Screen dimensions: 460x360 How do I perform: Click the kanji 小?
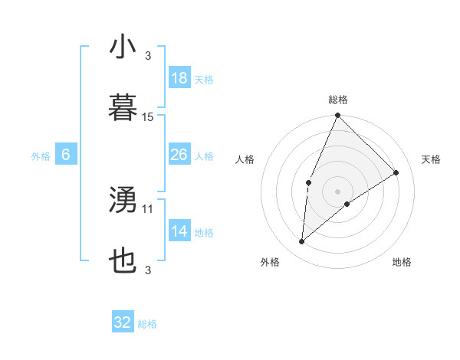pyautogui.click(x=123, y=47)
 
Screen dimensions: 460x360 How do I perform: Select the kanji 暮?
pyautogui.click(x=123, y=108)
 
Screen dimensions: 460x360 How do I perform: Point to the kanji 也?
pyautogui.click(x=123, y=261)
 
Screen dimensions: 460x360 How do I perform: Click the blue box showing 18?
pyautogui.click(x=179, y=78)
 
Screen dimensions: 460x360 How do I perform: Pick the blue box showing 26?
pyautogui.click(x=179, y=155)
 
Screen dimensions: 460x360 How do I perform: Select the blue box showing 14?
pyautogui.click(x=179, y=231)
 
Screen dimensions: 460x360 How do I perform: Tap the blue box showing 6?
pyautogui.click(x=66, y=155)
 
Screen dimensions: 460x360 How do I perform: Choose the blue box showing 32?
pyautogui.click(x=123, y=322)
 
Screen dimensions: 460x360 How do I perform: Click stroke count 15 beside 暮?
pyautogui.click(x=148, y=117)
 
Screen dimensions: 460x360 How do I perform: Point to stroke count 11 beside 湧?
pyautogui.click(x=148, y=208)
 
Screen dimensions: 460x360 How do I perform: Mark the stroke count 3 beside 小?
pyautogui.click(x=148, y=55)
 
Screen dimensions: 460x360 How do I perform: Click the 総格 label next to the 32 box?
pyautogui.click(x=147, y=324)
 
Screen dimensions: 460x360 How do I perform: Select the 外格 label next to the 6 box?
pyautogui.click(x=41, y=156)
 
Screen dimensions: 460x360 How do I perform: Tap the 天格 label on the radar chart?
pyautogui.click(x=432, y=159)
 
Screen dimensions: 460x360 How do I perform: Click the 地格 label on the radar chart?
pyautogui.click(x=402, y=262)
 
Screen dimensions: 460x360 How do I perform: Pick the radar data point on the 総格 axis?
pyautogui.click(x=337, y=116)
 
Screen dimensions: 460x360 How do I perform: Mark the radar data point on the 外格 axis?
pyautogui.click(x=302, y=242)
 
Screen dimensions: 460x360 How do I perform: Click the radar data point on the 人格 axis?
pyautogui.click(x=308, y=182)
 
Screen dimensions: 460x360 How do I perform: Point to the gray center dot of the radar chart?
pyautogui.click(x=337, y=191)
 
